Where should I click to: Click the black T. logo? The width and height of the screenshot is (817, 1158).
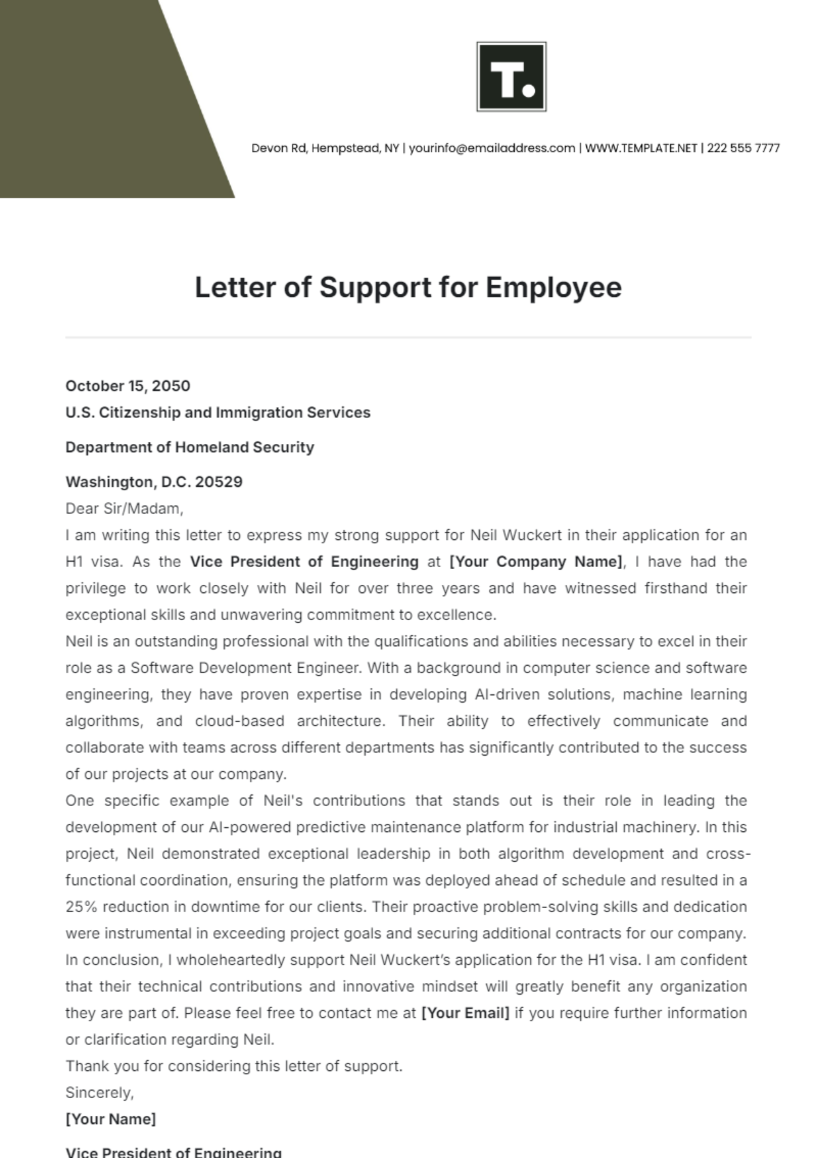click(x=511, y=77)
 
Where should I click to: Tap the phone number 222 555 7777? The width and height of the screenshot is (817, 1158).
click(x=743, y=148)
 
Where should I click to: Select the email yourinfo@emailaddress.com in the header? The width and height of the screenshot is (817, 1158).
click(x=492, y=148)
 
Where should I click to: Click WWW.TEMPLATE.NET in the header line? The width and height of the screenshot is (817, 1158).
click(x=641, y=148)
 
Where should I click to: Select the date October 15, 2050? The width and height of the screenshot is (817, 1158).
click(x=128, y=386)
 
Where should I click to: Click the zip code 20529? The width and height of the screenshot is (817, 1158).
click(x=219, y=482)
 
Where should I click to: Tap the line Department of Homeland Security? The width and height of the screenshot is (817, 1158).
click(x=190, y=447)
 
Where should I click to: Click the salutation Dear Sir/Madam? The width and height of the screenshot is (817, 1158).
click(x=125, y=509)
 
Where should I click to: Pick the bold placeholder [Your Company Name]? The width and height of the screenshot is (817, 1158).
click(x=536, y=562)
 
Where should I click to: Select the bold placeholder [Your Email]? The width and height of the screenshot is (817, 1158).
click(x=465, y=1013)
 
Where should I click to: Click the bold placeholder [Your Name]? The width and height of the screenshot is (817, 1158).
click(x=111, y=1119)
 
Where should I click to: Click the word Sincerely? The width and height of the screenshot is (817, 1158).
click(x=99, y=1093)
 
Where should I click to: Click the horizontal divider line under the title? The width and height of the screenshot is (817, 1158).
click(x=408, y=337)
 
